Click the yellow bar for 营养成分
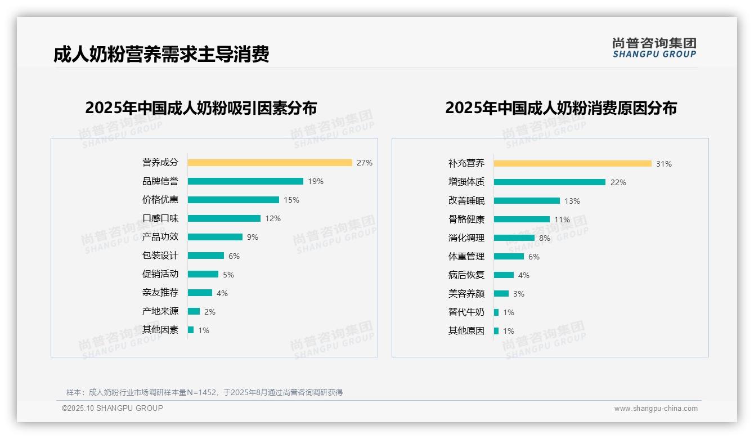(270, 163)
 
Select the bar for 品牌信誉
(245, 181)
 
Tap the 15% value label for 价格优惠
(291, 200)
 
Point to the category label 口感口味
(160, 218)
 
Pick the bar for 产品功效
(215, 237)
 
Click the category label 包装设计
(160, 256)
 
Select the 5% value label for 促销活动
(228, 275)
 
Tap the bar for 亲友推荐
(200, 293)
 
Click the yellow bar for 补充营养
(572, 164)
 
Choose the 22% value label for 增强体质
(618, 182)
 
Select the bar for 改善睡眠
(527, 201)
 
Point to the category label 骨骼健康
(466, 219)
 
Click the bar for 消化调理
(514, 238)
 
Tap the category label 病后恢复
(466, 275)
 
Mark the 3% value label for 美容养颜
(518, 294)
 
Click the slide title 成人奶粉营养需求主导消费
(161, 54)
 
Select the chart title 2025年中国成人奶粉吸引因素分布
(201, 108)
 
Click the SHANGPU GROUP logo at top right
(654, 48)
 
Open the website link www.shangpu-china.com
(656, 409)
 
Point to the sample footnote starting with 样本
(204, 392)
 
